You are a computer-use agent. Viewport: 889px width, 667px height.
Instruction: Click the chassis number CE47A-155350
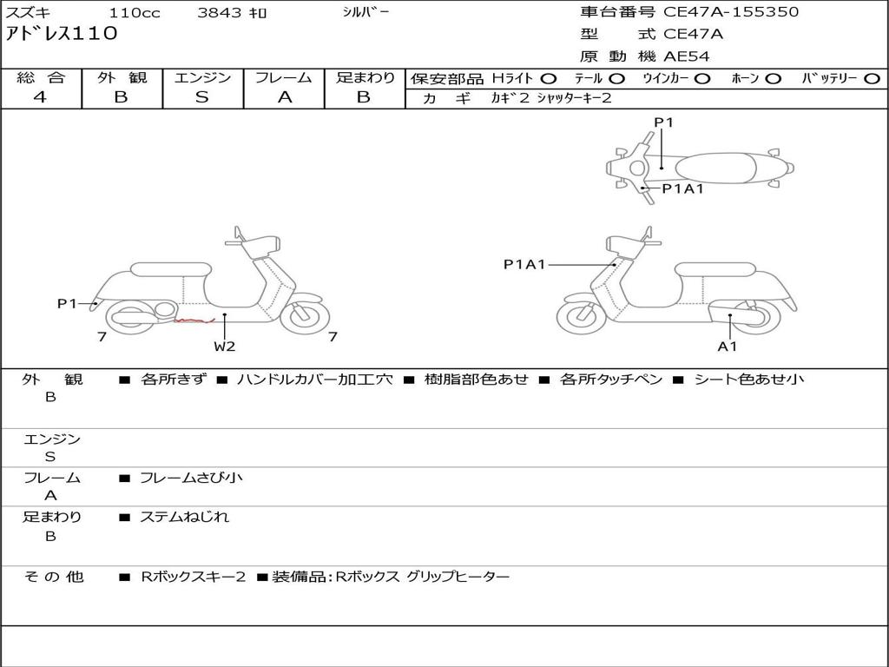pos(731,12)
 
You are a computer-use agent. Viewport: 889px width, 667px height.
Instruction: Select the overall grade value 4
pos(40,97)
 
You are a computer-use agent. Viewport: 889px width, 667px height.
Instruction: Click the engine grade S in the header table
pos(201,97)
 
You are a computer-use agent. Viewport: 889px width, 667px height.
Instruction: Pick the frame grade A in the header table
pos(284,97)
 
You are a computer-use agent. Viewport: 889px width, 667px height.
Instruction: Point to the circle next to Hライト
pos(548,79)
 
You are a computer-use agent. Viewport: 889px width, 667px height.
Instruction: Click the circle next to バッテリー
pos(872,79)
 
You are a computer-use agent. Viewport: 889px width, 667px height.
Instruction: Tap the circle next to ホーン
pos(773,79)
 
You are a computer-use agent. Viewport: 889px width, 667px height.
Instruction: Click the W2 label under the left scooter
pos(225,347)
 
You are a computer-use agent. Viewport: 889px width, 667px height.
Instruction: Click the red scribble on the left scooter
pos(194,321)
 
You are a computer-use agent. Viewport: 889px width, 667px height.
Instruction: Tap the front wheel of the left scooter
pos(305,316)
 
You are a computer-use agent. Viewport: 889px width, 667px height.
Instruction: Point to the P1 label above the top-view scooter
pos(663,122)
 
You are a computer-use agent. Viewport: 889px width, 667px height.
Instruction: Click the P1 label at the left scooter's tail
pos(66,303)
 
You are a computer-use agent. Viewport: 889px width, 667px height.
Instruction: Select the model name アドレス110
pos(62,33)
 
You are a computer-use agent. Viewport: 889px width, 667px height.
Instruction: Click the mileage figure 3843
pos(220,12)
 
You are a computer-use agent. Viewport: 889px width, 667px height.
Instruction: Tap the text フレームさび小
pos(191,478)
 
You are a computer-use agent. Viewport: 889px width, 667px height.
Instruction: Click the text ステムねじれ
pos(184,517)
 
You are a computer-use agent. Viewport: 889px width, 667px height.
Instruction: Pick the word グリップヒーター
pos(458,577)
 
